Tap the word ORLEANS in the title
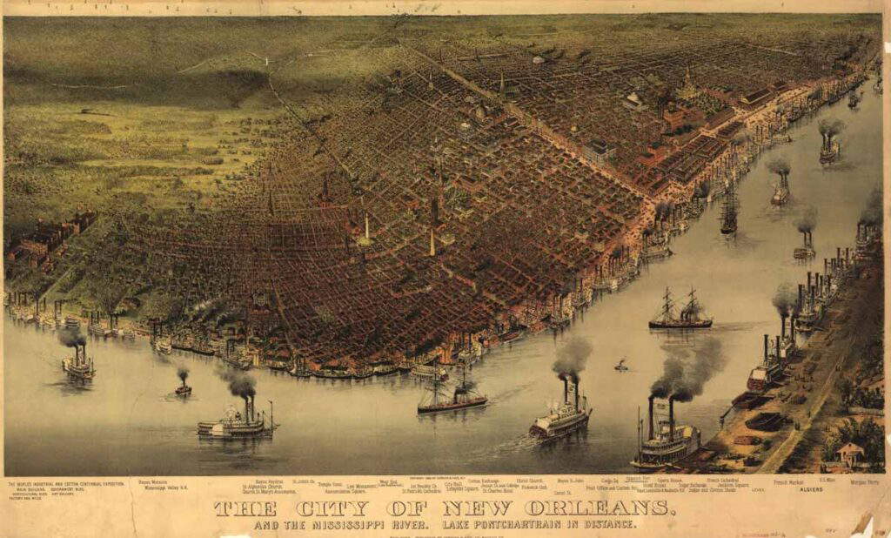[x=600, y=508]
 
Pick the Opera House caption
[x=668, y=481]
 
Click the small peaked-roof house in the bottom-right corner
[x=850, y=453]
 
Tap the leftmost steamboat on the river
[x=78, y=363]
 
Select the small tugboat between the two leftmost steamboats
[x=183, y=388]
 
